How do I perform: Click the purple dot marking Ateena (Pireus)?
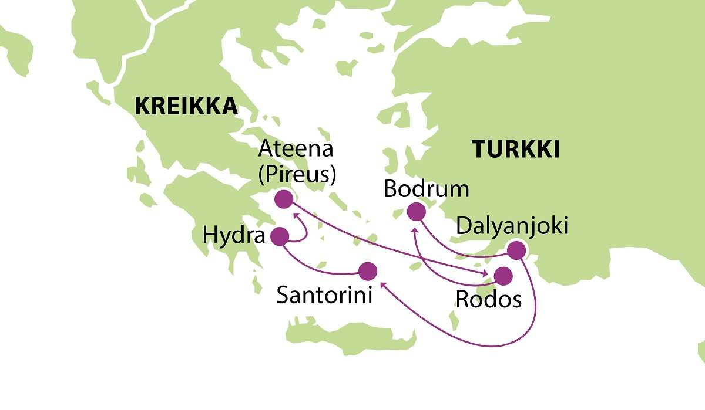[284, 199]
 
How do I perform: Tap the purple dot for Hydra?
[279, 236]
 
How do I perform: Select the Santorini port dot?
[367, 270]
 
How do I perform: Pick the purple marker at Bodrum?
[416, 211]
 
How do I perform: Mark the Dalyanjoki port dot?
[516, 250]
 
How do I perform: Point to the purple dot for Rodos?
[503, 276]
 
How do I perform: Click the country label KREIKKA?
[186, 106]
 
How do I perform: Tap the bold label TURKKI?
[516, 150]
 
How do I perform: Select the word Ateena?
[296, 149]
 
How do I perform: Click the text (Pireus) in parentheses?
[297, 174]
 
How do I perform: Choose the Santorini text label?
[324, 296]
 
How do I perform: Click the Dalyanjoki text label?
[512, 226]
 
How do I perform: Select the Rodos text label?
[488, 300]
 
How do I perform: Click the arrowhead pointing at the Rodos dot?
[486, 273]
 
